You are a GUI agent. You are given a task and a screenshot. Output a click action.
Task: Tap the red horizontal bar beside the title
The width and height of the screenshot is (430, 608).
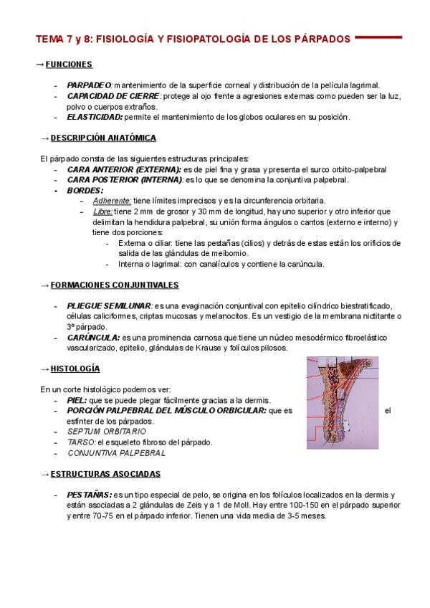coord(388,37)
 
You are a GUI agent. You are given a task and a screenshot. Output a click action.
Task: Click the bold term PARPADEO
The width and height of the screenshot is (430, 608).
coord(90,85)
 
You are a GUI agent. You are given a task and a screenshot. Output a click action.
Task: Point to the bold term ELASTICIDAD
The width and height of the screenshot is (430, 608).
coord(95,116)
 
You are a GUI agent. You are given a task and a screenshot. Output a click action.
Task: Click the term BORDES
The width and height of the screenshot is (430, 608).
coord(85,190)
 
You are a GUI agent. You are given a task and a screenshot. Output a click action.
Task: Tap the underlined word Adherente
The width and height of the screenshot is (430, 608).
coord(112,201)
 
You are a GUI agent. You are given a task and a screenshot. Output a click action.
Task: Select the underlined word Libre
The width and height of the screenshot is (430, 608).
coord(102,212)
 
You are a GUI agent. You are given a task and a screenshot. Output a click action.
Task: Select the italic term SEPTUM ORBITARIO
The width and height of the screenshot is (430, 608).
coord(107,432)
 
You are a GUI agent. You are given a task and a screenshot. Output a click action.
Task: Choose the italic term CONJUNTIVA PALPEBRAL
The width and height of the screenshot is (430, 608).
coord(117,453)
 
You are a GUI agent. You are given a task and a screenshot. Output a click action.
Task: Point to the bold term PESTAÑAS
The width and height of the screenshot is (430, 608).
coord(89,495)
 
